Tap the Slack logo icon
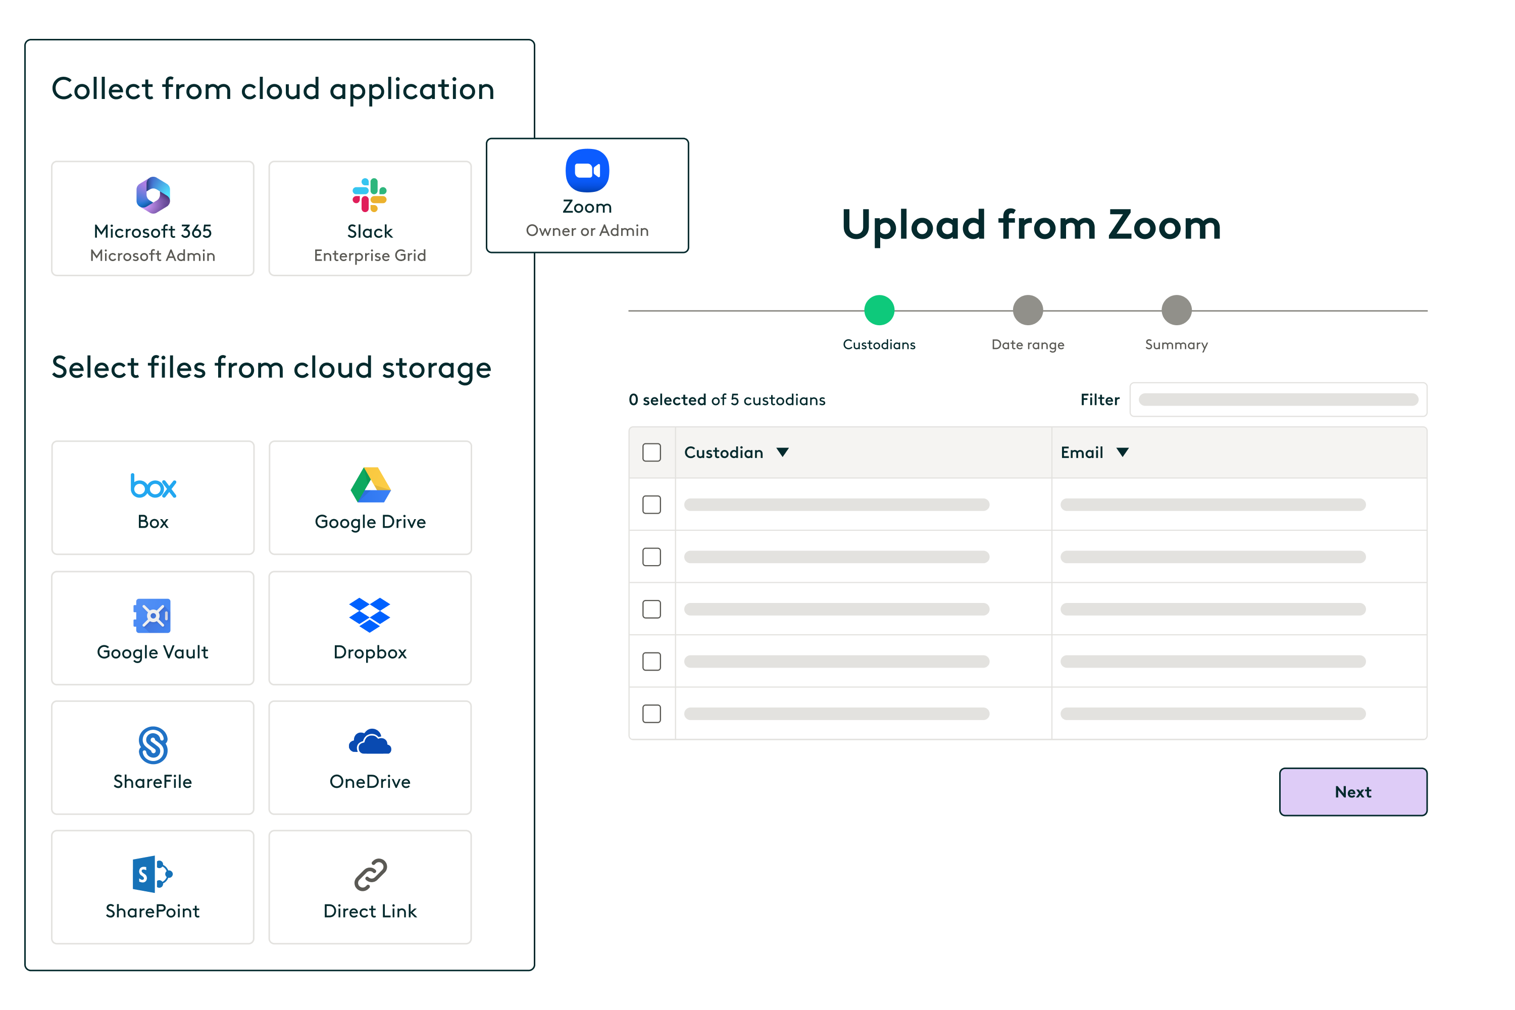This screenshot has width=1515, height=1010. [370, 194]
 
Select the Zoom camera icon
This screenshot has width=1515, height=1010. [587, 171]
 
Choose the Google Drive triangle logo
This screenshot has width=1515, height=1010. [370, 484]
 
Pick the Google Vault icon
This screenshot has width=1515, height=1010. [153, 616]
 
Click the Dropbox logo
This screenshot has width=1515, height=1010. [370, 615]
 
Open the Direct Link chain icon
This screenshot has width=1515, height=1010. [370, 875]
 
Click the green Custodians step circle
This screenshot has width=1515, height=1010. [879, 311]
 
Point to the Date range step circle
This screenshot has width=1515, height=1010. [1027, 311]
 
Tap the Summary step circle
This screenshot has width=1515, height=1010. [1176, 311]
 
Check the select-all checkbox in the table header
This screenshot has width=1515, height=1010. [652, 452]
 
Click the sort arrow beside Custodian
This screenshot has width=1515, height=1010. [783, 452]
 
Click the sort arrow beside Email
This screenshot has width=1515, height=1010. [1122, 452]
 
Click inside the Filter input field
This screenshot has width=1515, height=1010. [1278, 399]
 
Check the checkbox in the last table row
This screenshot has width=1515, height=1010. [652, 714]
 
